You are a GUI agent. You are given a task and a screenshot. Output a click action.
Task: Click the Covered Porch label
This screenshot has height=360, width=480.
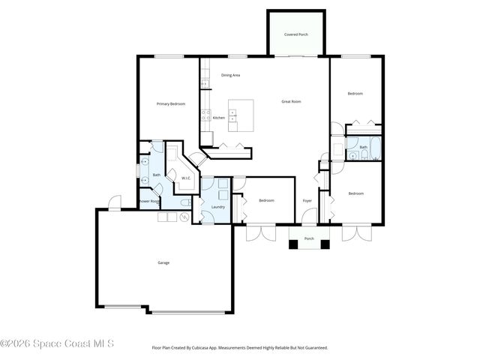click(296, 34)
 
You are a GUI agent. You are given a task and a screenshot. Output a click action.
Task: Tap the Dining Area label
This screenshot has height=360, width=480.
click(230, 75)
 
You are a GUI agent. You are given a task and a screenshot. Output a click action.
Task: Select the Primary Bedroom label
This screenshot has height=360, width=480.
click(171, 103)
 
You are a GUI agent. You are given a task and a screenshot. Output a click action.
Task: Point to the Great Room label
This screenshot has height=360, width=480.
click(291, 101)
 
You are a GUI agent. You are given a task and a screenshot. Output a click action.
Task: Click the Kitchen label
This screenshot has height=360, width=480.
click(219, 118)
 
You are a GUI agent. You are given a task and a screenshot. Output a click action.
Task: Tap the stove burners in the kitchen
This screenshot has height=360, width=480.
click(203, 115)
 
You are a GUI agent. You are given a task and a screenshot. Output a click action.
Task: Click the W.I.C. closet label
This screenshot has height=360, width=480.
click(186, 178)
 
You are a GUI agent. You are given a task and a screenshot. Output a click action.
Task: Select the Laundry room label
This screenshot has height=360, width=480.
click(218, 206)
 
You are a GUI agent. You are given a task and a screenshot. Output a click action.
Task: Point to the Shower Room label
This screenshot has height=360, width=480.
click(149, 201)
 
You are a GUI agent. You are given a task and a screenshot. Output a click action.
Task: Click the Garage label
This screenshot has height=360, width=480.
click(163, 262)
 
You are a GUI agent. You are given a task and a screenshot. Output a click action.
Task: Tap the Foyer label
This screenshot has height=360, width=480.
click(307, 201)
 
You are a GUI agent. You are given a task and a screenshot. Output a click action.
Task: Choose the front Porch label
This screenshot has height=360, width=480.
click(309, 239)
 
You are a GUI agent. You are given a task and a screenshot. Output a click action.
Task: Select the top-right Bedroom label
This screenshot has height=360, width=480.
click(355, 93)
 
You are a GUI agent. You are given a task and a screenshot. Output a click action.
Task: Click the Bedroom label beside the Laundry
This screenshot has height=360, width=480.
click(266, 200)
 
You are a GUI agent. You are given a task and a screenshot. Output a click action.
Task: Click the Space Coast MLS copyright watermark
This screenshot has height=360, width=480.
click(57, 344)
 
